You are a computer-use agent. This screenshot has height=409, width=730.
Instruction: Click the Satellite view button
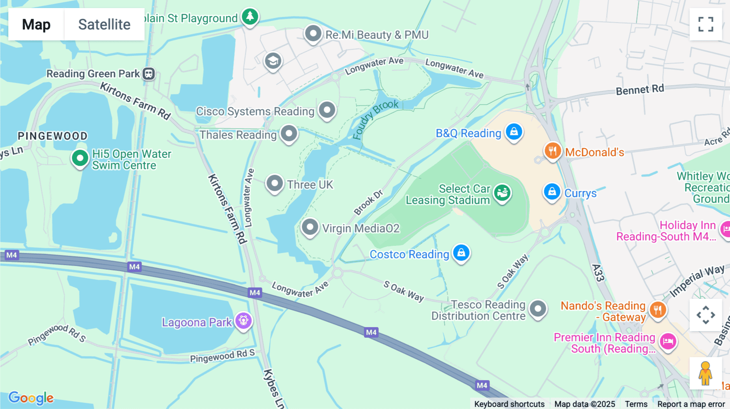coord(104,24)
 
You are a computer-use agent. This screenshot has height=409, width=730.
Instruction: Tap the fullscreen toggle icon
coord(706,24)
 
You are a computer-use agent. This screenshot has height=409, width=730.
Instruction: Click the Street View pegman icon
coord(705,373)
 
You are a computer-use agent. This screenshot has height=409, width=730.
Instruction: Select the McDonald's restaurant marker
coord(552,151)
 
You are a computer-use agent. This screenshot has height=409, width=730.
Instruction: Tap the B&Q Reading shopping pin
coord(514,132)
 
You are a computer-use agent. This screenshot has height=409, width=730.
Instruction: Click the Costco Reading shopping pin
coord(461,253)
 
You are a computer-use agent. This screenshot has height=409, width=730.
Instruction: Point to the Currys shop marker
coord(552,192)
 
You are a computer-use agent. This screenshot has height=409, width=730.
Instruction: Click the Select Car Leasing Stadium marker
coord(502,193)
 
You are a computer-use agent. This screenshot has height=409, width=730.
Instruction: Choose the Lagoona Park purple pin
coord(243,321)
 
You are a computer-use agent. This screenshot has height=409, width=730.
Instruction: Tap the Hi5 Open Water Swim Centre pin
coord(80,158)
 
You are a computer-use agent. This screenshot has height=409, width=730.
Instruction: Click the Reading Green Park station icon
coord(149,74)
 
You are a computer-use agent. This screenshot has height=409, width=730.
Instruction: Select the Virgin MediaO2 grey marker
coord(310,227)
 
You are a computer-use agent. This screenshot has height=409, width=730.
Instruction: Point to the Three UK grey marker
coord(275,183)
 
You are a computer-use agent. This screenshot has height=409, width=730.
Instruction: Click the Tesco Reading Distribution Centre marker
coord(538,309)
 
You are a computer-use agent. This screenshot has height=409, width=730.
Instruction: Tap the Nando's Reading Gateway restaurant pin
coord(657,310)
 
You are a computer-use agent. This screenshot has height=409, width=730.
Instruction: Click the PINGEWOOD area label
coord(53,136)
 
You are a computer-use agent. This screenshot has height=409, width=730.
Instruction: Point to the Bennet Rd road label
coord(640,89)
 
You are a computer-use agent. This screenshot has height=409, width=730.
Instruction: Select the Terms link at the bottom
coord(636,404)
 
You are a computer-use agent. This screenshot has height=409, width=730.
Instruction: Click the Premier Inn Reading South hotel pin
coord(668,341)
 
